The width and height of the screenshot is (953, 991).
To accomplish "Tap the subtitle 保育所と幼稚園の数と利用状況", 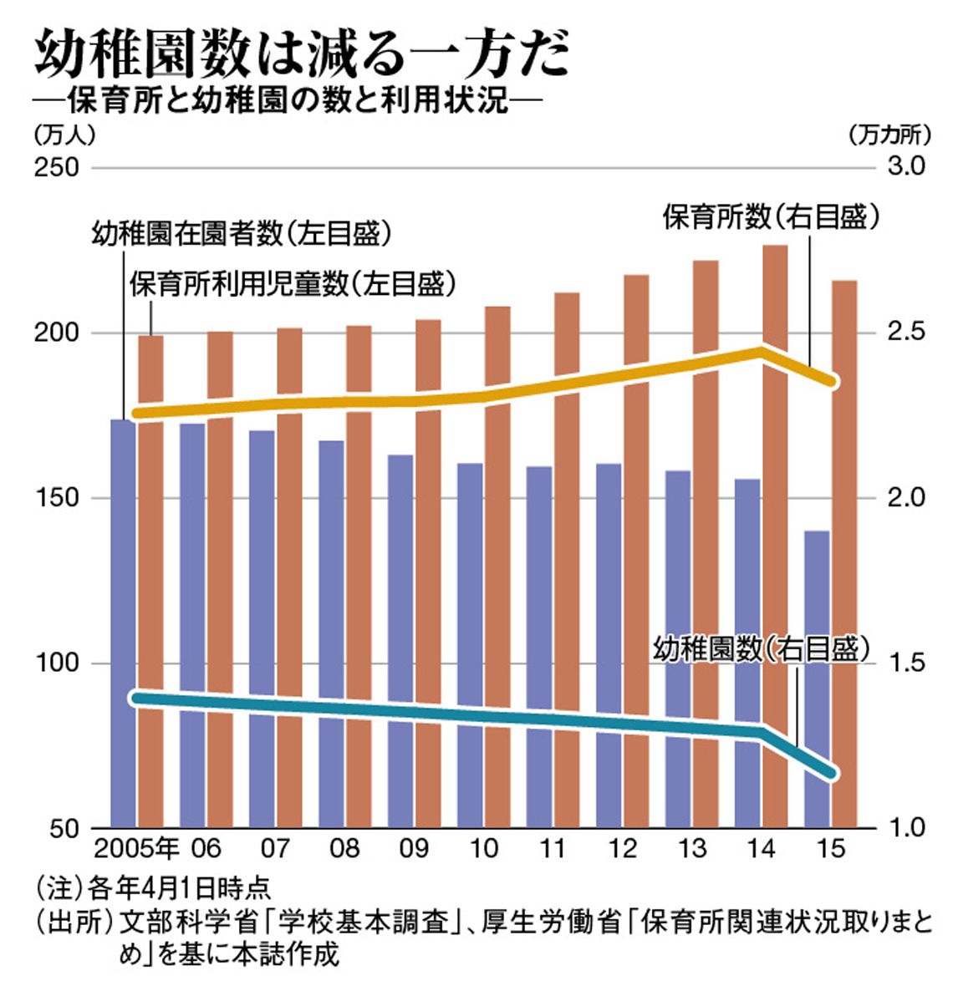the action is [x=288, y=101].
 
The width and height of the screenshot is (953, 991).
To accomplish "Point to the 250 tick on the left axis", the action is [x=56, y=167].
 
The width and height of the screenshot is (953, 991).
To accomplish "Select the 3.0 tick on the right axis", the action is [x=905, y=166].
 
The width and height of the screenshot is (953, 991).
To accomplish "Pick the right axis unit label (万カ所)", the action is [x=889, y=134].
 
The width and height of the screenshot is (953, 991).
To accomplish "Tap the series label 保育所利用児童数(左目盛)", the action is [x=293, y=284].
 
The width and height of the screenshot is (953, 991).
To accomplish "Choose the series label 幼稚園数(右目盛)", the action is [x=762, y=649].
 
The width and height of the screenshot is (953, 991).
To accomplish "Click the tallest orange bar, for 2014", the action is [x=775, y=536].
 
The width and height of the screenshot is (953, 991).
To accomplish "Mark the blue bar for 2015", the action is [x=817, y=678].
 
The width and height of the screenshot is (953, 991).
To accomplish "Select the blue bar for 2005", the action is [x=124, y=623].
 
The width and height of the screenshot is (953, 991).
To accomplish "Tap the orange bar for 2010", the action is [x=497, y=567].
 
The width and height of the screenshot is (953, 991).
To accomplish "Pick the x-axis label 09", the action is [x=414, y=848].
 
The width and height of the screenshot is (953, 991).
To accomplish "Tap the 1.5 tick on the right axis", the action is [x=905, y=663].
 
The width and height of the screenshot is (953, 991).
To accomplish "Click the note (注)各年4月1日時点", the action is [x=152, y=888].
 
